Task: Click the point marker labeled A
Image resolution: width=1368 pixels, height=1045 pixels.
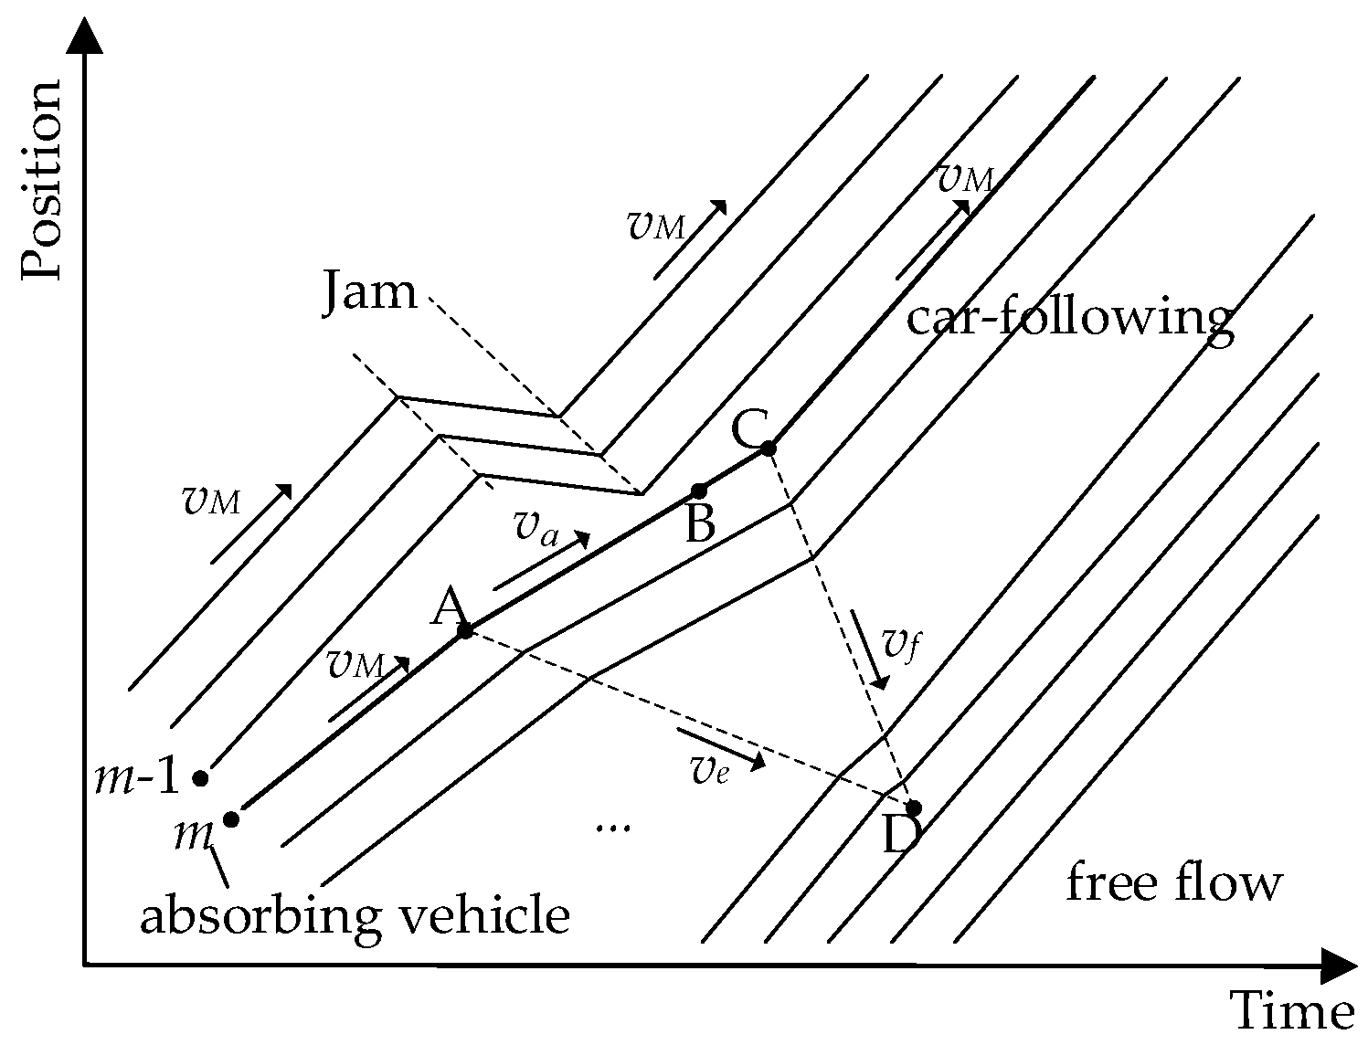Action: pyautogui.click(x=464, y=630)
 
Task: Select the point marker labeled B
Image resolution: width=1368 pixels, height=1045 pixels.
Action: pyautogui.click(x=699, y=491)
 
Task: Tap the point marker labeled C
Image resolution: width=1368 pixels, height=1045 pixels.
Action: pyautogui.click(x=769, y=448)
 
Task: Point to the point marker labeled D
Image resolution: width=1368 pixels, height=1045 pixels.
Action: pyautogui.click(x=913, y=807)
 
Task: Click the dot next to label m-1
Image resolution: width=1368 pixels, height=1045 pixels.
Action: pyautogui.click(x=200, y=778)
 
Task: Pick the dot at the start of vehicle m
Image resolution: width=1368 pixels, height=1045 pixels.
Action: pyautogui.click(x=231, y=818)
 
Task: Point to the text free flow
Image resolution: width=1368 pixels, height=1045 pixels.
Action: pyautogui.click(x=1174, y=883)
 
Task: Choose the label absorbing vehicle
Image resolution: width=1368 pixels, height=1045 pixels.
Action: pyautogui.click(x=355, y=915)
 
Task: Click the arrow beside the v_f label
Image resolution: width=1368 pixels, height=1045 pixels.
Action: pyautogui.click(x=869, y=649)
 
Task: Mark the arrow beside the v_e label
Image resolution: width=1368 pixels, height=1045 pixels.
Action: pyautogui.click(x=720, y=747)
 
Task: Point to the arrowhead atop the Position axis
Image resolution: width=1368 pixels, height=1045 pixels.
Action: pyautogui.click(x=84, y=37)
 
